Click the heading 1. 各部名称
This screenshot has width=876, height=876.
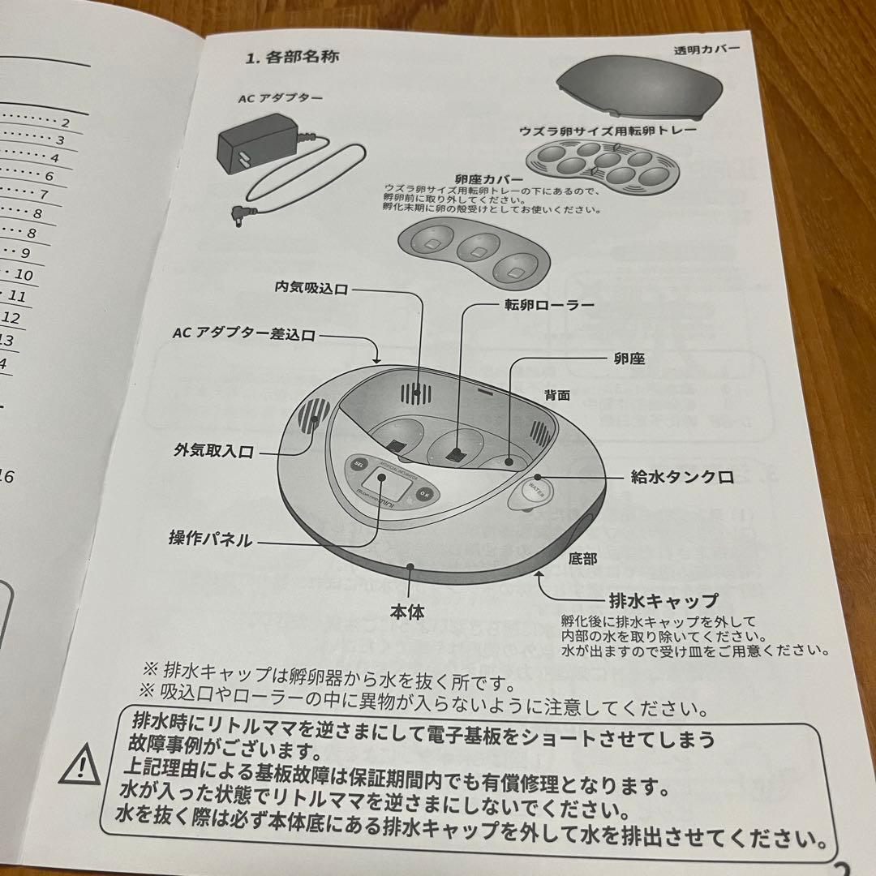click(x=291, y=58)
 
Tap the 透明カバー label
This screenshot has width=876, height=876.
click(x=706, y=49)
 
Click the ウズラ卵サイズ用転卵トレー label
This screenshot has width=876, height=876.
click(x=608, y=130)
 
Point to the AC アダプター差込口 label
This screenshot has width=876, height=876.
click(x=243, y=334)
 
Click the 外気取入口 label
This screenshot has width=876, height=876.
click(x=213, y=451)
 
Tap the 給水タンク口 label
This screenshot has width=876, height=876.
click(x=682, y=477)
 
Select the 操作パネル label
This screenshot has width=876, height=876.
click(x=210, y=539)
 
